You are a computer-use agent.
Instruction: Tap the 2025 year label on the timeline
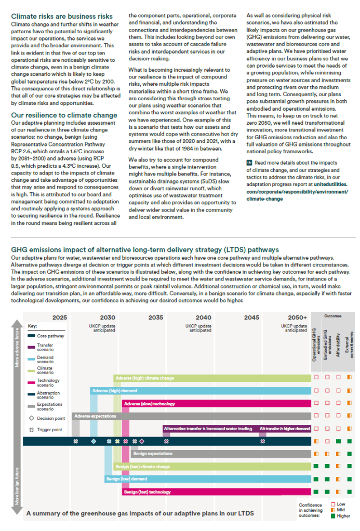[x=60, y=317]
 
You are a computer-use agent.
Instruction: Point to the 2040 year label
[x=203, y=317]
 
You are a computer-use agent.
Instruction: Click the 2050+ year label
[x=297, y=317]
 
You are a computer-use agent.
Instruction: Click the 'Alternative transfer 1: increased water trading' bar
[x=209, y=429]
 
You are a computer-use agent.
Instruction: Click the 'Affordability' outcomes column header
[x=338, y=344]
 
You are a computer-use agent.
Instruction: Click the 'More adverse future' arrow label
[x=17, y=349]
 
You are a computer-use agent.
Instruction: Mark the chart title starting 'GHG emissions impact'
[x=145, y=249]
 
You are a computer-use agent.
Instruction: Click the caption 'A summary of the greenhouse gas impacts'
[x=140, y=513]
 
